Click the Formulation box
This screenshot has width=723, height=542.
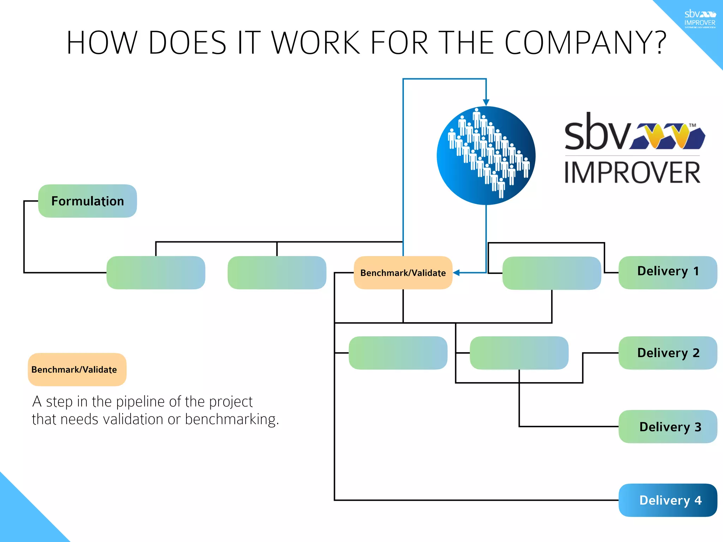(x=87, y=201)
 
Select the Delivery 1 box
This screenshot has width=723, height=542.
(x=668, y=272)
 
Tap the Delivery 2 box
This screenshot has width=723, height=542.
(x=668, y=353)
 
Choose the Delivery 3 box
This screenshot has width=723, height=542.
(x=668, y=426)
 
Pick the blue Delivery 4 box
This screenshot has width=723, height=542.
(x=668, y=500)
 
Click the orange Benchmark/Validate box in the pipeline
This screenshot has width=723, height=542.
(x=403, y=273)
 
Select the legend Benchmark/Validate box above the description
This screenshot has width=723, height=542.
(x=77, y=369)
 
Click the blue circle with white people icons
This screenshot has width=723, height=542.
(x=486, y=155)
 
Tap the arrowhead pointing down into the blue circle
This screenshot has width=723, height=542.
(x=486, y=103)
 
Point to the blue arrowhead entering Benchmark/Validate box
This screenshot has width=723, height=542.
(x=456, y=273)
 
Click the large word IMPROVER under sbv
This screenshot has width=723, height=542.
(x=632, y=173)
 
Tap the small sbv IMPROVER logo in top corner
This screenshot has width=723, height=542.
(x=700, y=19)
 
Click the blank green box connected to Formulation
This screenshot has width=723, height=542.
(x=156, y=273)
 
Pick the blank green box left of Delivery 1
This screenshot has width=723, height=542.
(x=551, y=273)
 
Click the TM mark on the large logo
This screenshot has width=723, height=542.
(x=692, y=125)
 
